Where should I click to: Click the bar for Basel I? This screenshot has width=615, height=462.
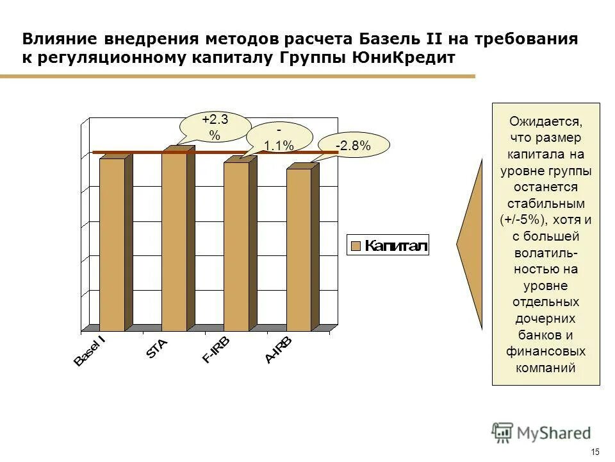(x=111, y=244)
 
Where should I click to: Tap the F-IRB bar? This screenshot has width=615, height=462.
(x=236, y=246)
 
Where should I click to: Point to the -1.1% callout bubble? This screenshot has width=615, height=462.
(x=279, y=138)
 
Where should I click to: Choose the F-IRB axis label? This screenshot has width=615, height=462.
(x=216, y=350)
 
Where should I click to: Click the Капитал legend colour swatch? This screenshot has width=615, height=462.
(x=356, y=246)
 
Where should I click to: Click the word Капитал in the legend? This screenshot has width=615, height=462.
(x=395, y=246)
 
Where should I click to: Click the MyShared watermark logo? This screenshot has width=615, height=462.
(x=541, y=432)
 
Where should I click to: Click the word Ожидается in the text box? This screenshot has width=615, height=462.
(x=546, y=121)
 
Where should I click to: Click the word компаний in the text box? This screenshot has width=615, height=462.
(x=546, y=368)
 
